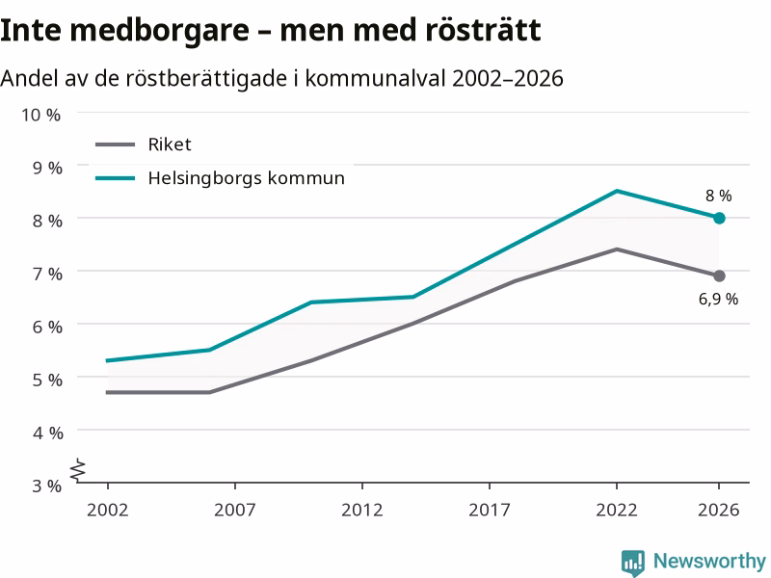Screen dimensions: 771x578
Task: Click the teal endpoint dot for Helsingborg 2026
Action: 719,218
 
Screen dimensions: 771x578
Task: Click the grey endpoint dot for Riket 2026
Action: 719,276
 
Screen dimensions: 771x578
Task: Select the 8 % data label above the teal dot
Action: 718,196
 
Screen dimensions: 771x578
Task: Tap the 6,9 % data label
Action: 718,299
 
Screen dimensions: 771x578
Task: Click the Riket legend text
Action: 170,144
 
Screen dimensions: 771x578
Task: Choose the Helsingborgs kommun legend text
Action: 247,178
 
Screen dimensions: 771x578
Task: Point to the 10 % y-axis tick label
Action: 40,115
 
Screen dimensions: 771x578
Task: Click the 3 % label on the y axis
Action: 47,486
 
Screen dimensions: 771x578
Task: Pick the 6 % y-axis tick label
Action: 47,327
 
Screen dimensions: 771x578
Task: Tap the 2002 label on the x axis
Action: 108,510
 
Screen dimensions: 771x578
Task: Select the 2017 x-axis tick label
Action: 490,510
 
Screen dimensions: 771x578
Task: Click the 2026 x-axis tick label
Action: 718,510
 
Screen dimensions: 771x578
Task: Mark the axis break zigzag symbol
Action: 78,470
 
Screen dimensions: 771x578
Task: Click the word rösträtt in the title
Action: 484,30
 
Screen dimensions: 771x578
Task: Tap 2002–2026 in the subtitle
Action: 508,79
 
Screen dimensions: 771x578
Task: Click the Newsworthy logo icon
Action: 633,562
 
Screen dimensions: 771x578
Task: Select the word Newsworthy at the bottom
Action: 709,561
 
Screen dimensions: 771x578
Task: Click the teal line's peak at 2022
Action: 617,191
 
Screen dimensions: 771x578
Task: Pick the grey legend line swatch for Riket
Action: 115,144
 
